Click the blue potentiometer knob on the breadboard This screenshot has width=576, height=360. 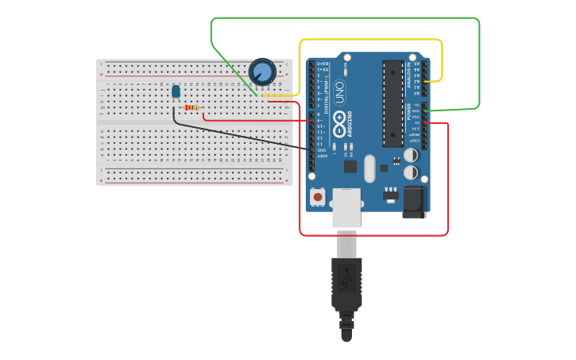[262, 72]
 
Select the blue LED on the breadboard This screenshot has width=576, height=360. [176, 92]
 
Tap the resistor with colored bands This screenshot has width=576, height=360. [191, 107]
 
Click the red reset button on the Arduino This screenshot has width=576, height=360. [318, 196]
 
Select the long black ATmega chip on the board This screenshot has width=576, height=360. [392, 103]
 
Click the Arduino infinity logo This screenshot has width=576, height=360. [339, 124]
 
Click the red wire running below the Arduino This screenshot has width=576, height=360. [373, 235]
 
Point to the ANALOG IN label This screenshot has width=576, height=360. [409, 73]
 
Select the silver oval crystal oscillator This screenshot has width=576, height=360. [369, 168]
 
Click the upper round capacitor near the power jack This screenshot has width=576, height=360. [412, 156]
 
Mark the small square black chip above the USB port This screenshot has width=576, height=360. [350, 166]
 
